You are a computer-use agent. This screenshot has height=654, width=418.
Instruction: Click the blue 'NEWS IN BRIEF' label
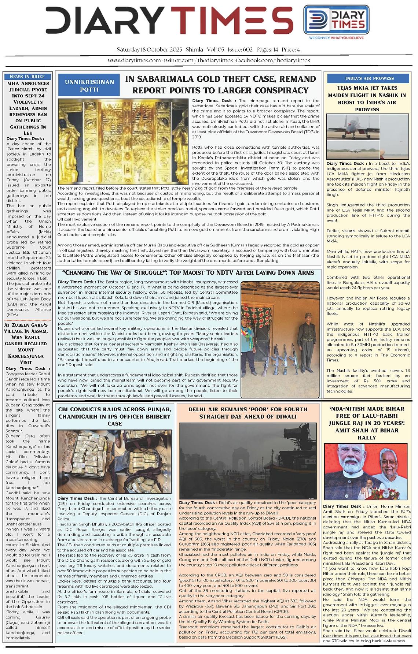pos(27,77)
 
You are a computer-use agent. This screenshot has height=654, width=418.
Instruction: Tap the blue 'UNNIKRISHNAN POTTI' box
pos(89,85)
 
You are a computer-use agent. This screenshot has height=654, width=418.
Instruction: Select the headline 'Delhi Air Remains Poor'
pos(248,413)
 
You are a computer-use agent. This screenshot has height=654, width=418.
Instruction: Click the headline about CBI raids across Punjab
pos(114,416)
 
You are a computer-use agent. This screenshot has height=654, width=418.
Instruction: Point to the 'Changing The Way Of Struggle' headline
pos(188,273)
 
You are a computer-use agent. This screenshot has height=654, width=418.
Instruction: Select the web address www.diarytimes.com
pos(134,60)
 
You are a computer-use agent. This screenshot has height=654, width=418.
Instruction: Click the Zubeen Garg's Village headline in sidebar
pos(26,343)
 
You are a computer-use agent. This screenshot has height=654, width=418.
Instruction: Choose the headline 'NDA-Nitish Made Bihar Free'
pos(367,423)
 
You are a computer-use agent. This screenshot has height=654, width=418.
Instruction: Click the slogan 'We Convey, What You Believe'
pos(336,38)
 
